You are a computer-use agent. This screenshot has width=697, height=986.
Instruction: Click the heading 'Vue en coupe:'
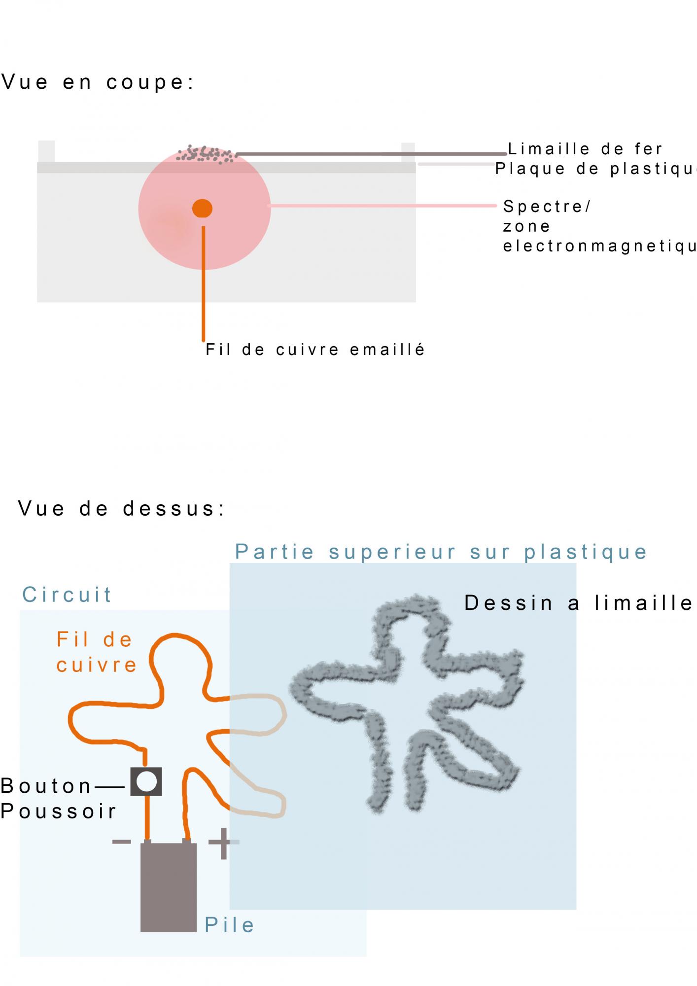point(98,82)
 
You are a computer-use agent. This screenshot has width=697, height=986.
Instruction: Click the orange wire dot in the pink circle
point(202,209)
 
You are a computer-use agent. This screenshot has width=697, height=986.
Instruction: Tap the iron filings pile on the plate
point(206,154)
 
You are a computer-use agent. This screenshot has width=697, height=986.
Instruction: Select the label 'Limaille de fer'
point(585,148)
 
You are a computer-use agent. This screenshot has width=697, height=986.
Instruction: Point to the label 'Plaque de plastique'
point(595,169)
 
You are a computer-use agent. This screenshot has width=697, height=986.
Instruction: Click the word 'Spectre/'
point(547,206)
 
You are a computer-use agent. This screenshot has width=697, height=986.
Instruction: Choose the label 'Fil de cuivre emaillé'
point(315,350)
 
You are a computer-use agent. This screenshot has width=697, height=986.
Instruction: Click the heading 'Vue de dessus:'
point(122,508)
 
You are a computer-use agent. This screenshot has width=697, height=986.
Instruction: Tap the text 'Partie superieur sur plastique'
point(441,552)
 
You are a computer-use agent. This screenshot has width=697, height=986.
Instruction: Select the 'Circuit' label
point(67,595)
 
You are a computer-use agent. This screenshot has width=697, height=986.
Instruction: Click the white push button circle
point(146,781)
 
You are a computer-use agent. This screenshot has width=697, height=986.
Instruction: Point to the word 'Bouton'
point(46,786)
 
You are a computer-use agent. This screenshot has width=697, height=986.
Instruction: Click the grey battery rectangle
point(169,887)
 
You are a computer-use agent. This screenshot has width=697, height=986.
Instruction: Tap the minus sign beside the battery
point(122,841)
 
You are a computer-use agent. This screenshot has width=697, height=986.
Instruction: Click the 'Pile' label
point(230,925)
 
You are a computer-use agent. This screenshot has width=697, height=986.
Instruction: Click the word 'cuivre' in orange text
point(97,665)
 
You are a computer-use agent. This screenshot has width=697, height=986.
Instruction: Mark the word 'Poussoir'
point(58,811)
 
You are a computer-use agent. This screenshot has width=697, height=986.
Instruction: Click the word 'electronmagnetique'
point(599,246)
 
